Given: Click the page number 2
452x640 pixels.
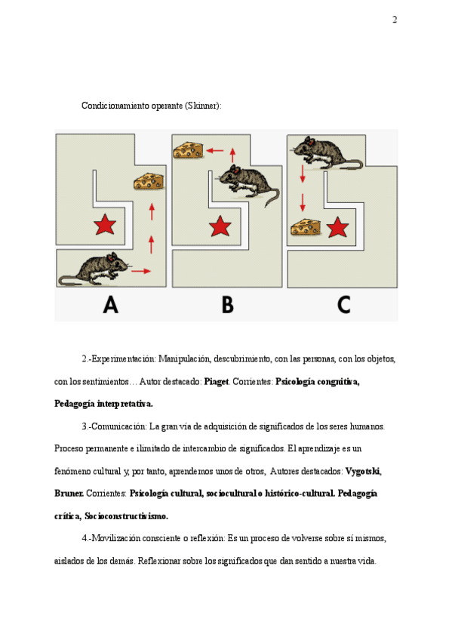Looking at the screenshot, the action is click(395, 20).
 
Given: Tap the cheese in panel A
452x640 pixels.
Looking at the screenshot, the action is click(149, 181).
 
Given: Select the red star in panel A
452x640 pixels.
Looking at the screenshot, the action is click(105, 224).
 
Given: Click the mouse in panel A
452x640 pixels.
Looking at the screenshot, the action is click(94, 269).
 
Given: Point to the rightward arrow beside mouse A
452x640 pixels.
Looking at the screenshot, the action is click(141, 271).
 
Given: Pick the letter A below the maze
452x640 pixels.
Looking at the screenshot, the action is click(111, 305).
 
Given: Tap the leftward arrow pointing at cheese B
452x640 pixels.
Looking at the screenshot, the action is click(215, 151).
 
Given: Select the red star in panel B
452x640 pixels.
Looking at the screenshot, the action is click(220, 226).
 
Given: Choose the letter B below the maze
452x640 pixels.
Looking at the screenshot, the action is click(228, 305).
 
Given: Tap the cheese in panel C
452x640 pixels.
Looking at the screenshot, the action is click(306, 227).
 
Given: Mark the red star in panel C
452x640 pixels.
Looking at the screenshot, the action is click(337, 227).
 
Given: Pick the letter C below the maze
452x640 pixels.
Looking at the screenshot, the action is click(344, 305).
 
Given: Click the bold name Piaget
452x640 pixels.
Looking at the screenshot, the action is click(217, 382).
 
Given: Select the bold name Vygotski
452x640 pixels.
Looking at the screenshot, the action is click(363, 471).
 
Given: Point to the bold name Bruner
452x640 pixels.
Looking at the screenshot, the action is click(69, 493).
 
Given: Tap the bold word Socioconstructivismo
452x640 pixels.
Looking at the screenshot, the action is click(127, 516).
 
